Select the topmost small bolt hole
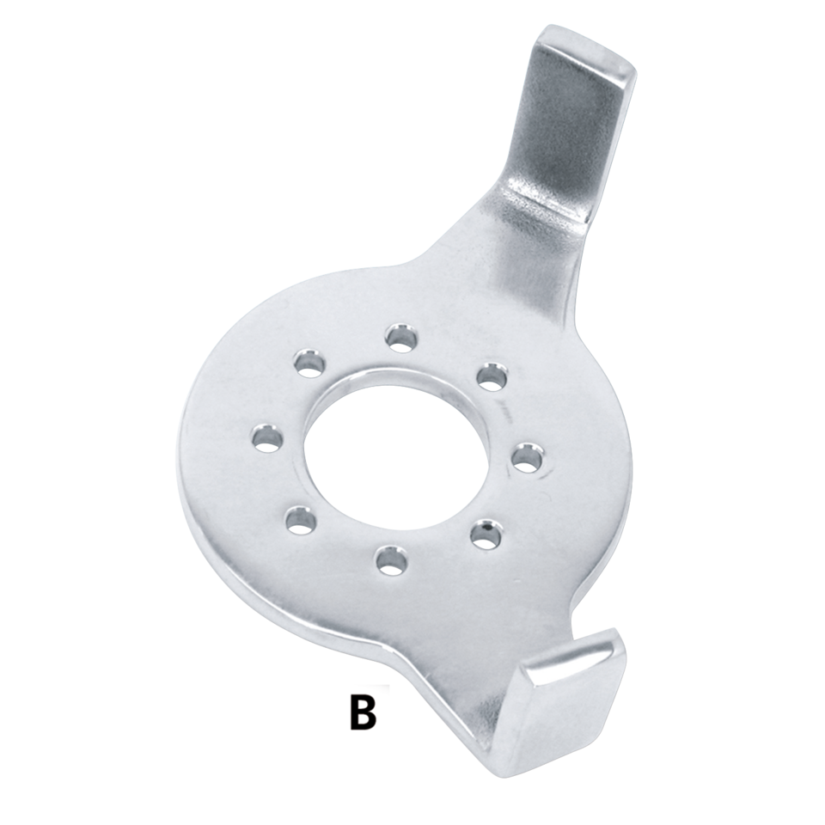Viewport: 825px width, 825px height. pos(398,337)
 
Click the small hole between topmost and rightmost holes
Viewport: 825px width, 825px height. pos(490,375)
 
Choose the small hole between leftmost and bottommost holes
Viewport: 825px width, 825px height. pos(296,517)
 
